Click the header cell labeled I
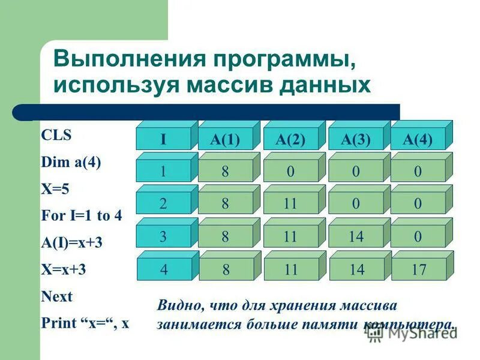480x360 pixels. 163,140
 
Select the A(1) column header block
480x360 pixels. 225,140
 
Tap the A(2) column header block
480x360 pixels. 290,140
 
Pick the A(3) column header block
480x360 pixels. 356,140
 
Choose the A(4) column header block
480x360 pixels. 418,140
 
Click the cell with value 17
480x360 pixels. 419,269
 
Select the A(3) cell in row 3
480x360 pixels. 356,236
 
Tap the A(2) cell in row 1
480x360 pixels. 290,172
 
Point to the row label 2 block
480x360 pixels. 163,204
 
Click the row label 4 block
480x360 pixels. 164,269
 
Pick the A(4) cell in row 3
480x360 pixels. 418,236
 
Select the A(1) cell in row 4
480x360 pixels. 226,269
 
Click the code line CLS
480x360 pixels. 56,136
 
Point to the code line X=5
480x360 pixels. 55,189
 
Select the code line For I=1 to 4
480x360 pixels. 82,215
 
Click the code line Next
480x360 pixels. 56,296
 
